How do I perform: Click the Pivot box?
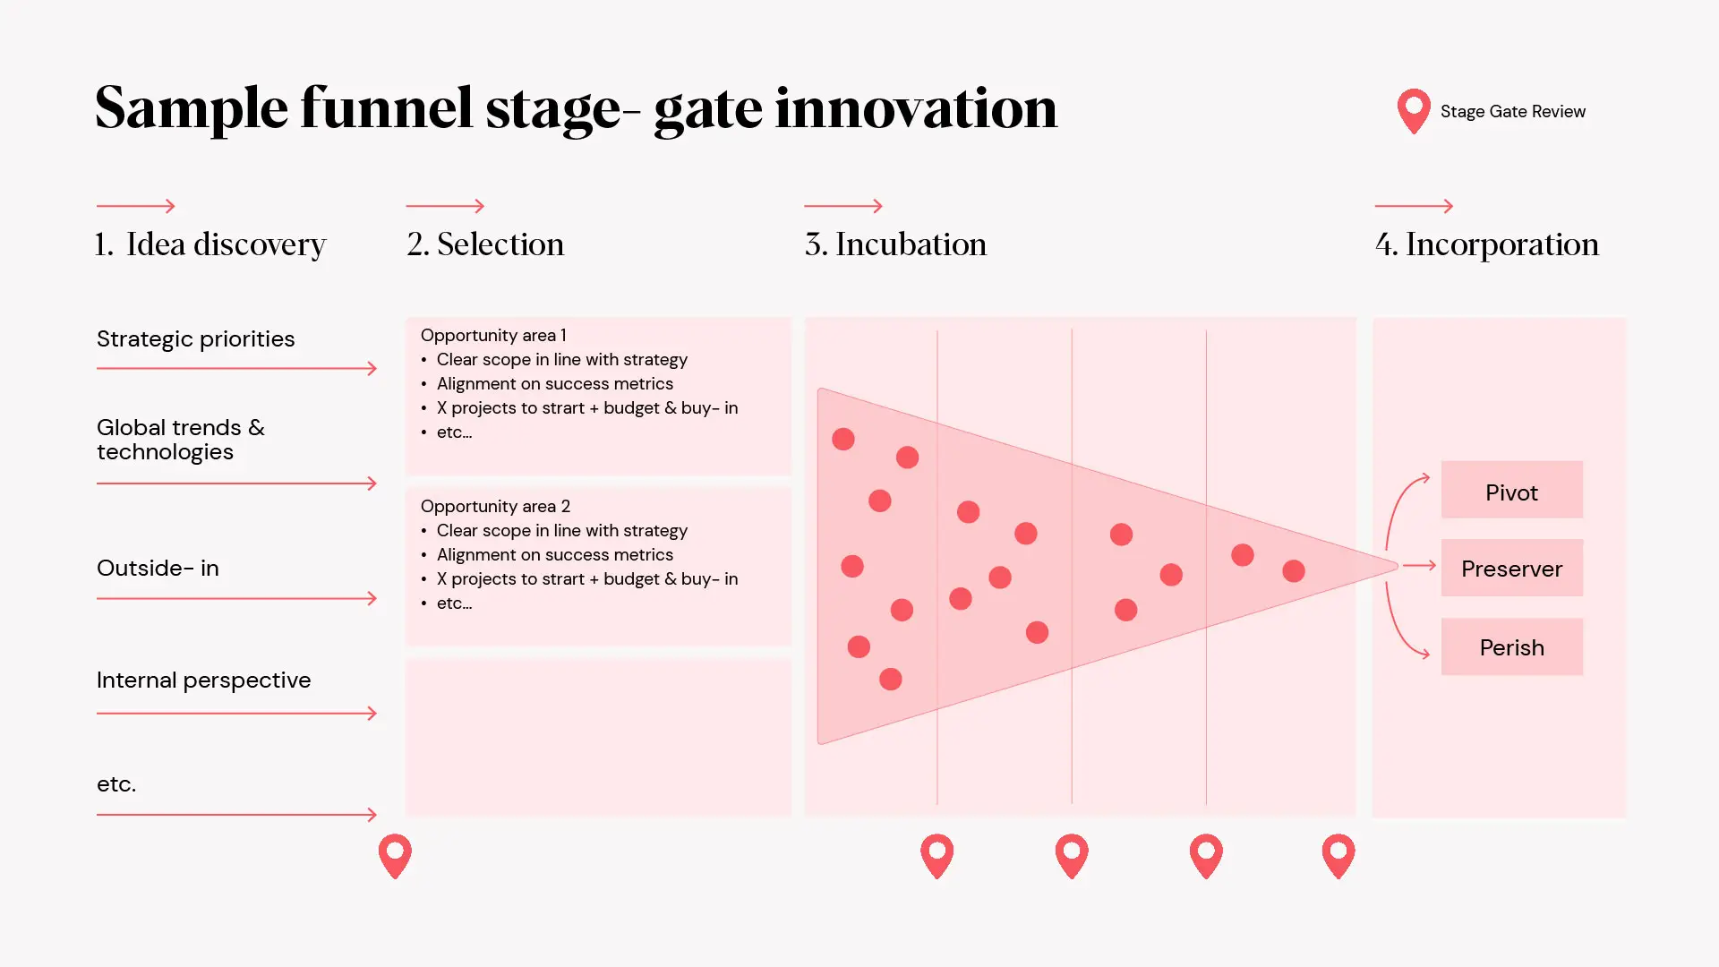coord(1511,490)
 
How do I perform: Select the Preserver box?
coord(1511,568)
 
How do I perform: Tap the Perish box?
coord(1511,646)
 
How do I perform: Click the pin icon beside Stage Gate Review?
coord(1414,111)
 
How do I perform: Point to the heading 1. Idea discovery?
coord(210,244)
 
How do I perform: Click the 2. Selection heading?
coord(485,244)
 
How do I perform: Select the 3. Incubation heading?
coord(895,244)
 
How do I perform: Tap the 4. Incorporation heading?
coord(1486,244)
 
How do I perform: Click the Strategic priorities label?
coord(195,339)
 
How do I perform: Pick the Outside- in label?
coord(158,569)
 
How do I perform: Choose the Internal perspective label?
coord(203,680)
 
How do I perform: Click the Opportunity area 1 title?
coord(493,335)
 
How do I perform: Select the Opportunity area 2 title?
coord(495,506)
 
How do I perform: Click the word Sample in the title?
coord(192,109)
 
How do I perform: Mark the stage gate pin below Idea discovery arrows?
coord(395,855)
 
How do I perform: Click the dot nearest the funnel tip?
coord(1294,571)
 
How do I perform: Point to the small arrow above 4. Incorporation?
coord(1414,206)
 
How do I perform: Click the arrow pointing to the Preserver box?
coord(1419,566)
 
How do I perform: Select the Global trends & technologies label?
coord(181,440)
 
